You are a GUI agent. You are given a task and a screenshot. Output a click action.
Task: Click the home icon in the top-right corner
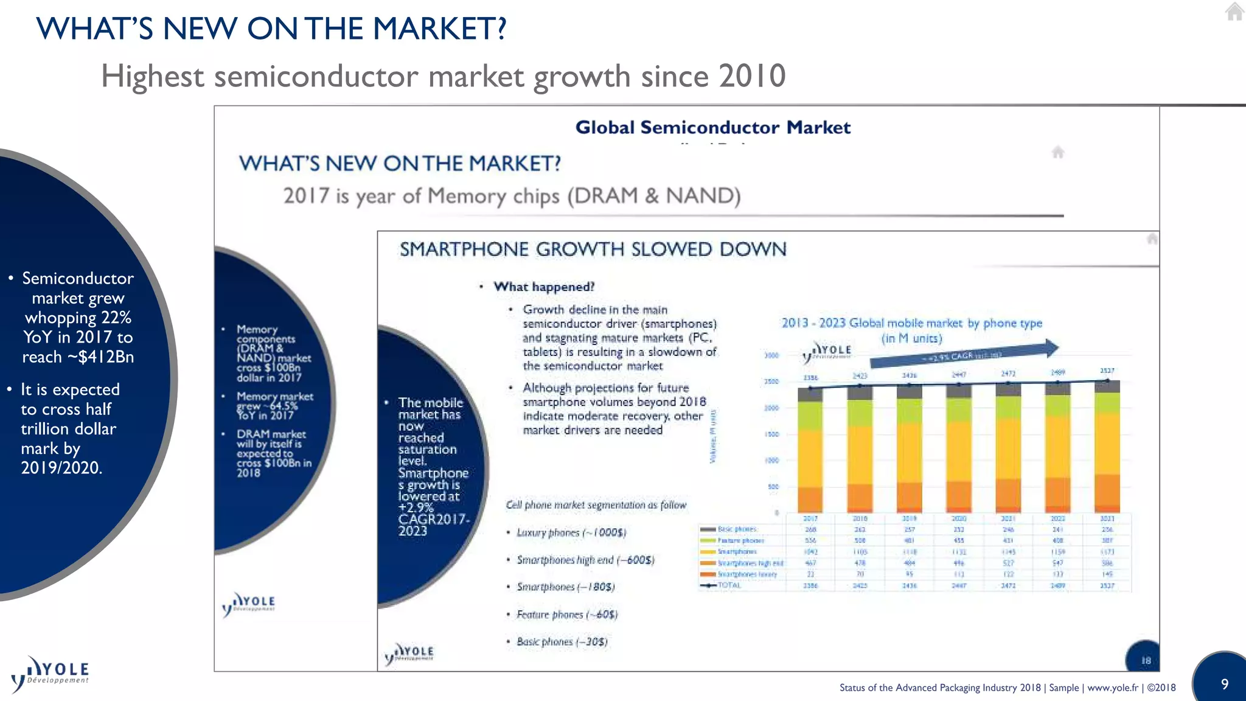pos(1234,12)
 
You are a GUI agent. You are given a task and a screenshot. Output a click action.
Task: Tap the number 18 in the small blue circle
pos(1146,660)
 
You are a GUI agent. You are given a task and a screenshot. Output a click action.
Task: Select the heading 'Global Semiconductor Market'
pos(712,127)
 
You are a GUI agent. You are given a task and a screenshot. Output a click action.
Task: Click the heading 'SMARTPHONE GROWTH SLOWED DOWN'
pos(593,249)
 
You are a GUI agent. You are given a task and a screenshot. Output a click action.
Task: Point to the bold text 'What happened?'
pos(543,287)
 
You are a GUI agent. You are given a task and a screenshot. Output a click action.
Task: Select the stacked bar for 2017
pos(810,450)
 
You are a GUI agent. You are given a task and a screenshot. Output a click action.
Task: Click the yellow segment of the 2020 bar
pos(959,450)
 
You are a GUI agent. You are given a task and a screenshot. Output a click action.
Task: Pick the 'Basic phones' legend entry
pos(736,529)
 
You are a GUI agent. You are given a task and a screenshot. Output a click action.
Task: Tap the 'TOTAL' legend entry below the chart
pos(729,585)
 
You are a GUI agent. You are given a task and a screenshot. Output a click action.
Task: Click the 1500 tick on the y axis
pos(771,434)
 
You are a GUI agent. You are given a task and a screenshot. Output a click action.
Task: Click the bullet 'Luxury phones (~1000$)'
pos(571,532)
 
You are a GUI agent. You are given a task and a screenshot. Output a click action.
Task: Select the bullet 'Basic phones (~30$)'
pos(562,641)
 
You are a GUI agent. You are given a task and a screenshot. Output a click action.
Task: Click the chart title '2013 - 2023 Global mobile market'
pos(911,323)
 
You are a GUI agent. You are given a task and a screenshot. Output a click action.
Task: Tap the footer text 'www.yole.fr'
pos(1112,688)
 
